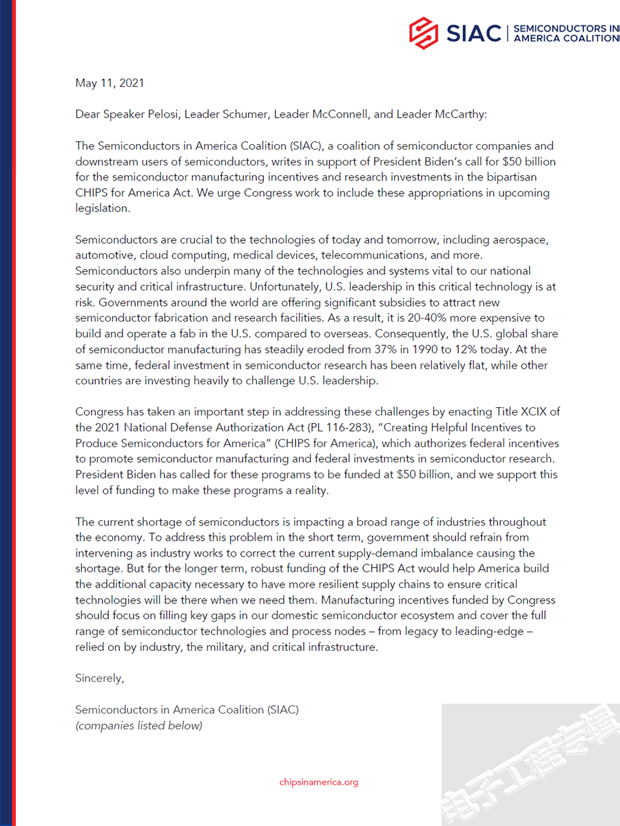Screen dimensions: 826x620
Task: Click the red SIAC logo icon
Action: (x=424, y=32)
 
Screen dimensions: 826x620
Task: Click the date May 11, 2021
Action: (x=110, y=83)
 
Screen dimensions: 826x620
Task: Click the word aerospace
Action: (x=521, y=240)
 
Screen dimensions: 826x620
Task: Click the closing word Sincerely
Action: (x=99, y=679)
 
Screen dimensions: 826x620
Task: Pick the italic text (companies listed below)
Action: (x=138, y=725)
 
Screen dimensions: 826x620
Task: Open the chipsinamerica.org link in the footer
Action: (x=319, y=782)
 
